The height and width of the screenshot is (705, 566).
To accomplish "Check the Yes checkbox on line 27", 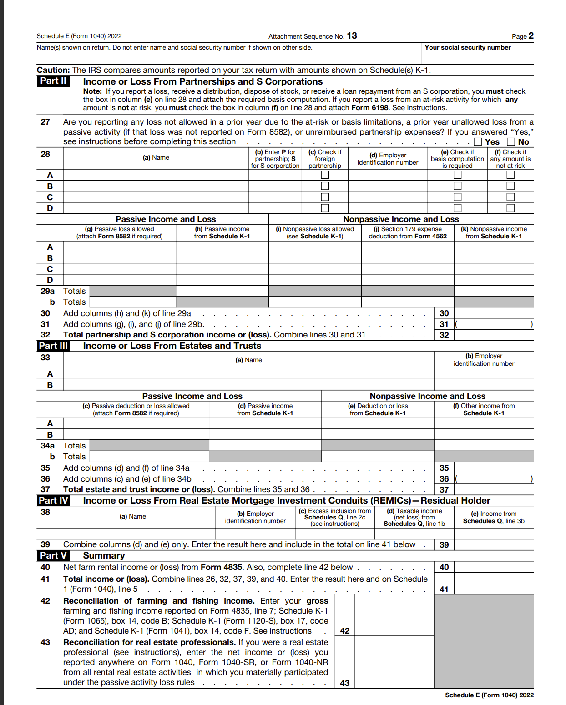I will coord(478,142).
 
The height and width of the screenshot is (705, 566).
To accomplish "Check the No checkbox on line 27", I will coord(511,142).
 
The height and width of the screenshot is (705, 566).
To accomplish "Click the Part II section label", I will coord(53,81).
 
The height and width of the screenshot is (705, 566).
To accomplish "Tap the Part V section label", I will coord(53,555).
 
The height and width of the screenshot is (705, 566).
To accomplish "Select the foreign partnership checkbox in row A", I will coord(325,175).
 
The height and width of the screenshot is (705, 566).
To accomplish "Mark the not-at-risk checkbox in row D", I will coord(510,208).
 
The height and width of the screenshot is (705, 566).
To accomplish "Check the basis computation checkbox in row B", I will coord(457,186).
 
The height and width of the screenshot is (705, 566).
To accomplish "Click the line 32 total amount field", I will coord(494,335).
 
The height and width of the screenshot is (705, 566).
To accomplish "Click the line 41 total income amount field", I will coord(494,584).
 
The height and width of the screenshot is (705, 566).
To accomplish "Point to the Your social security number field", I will coord(477,54).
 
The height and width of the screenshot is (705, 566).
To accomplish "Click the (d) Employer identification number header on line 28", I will coord(388,159).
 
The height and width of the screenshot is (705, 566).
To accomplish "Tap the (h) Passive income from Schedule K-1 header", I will coord(222,232).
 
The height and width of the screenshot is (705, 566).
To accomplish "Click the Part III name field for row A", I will coord(248,374).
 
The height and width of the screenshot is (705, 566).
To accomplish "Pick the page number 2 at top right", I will coord(531,36).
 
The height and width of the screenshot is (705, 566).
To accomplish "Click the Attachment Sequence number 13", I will coord(352,36).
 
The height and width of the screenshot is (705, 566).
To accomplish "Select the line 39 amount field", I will coord(494,545).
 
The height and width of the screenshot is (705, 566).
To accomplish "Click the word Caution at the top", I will coord(53,70).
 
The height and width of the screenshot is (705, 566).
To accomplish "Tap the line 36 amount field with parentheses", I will coord(494,479).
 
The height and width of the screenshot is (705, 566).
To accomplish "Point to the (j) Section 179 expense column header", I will coord(408,232).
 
